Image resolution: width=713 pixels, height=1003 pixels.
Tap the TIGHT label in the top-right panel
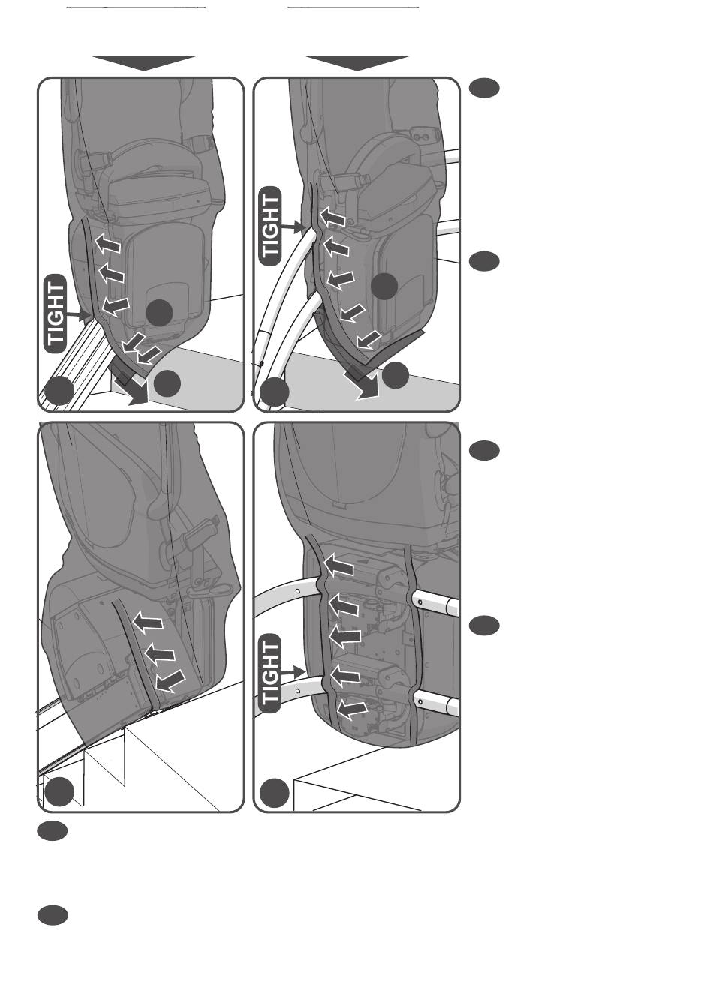click(x=270, y=226)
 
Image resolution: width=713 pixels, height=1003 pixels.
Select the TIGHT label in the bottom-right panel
click(x=270, y=674)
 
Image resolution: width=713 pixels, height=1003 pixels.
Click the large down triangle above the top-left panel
click(x=144, y=63)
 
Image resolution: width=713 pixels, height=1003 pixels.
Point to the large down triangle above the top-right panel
click(x=357, y=63)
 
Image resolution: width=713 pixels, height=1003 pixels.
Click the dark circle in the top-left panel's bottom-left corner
click(x=59, y=391)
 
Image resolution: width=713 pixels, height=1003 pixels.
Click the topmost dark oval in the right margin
click(x=484, y=88)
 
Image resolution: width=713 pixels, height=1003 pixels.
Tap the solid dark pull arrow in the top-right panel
click(x=362, y=384)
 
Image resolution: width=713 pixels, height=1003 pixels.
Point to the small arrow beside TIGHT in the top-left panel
click(x=77, y=315)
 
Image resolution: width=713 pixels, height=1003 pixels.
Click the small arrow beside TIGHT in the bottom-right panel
click(x=294, y=671)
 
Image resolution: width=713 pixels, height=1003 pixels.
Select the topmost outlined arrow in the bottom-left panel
click(x=148, y=622)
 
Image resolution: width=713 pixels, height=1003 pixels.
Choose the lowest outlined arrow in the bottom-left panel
click(x=170, y=681)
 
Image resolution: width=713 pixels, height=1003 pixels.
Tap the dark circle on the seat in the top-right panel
click(x=384, y=286)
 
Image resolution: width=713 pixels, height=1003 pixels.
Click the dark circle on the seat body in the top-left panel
click(x=159, y=313)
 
